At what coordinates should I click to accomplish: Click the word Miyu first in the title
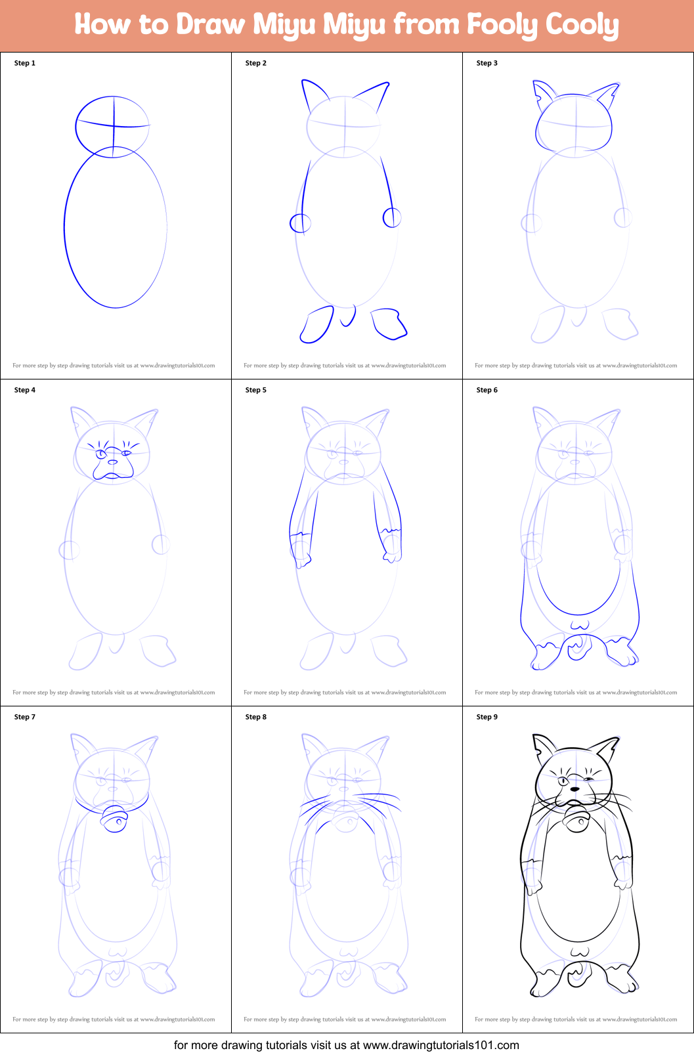click(284, 25)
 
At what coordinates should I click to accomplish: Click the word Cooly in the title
click(582, 25)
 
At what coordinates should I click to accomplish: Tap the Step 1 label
click(25, 63)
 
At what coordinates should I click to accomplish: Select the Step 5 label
click(256, 390)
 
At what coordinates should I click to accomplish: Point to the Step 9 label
click(487, 717)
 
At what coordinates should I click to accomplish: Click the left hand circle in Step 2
click(300, 223)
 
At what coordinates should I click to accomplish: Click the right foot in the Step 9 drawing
click(621, 980)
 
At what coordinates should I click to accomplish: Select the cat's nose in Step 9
click(575, 788)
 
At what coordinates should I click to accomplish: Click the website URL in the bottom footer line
click(441, 1044)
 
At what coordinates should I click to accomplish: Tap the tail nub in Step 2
click(348, 316)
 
